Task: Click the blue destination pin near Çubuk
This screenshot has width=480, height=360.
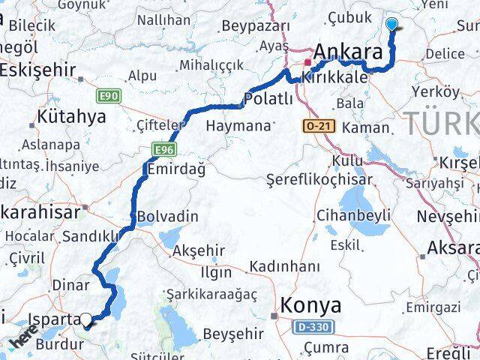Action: (x=392, y=25)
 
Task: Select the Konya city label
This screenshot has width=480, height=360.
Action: (x=310, y=305)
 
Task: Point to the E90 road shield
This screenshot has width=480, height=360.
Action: (x=107, y=96)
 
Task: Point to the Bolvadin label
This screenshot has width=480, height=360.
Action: (x=167, y=217)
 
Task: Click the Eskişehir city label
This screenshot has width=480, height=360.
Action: (x=37, y=70)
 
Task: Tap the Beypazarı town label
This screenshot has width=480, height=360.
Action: (x=256, y=25)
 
